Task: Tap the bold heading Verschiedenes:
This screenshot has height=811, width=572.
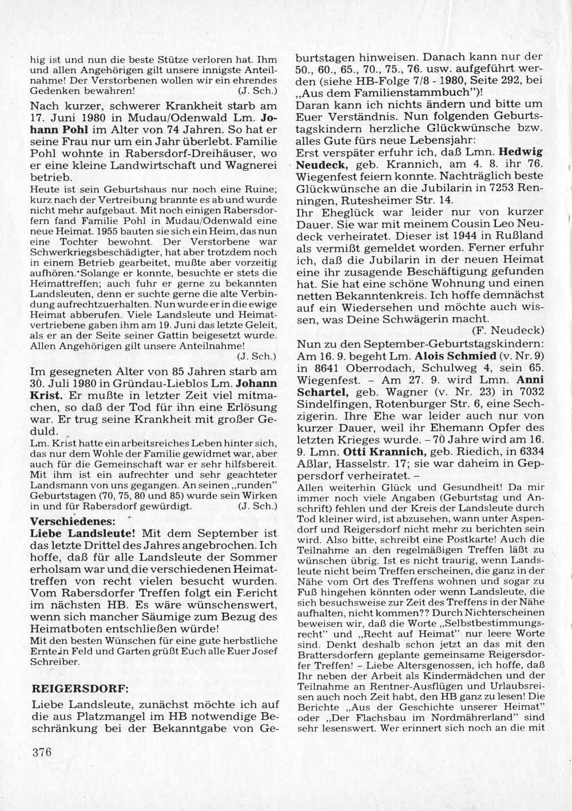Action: click(72, 521)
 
